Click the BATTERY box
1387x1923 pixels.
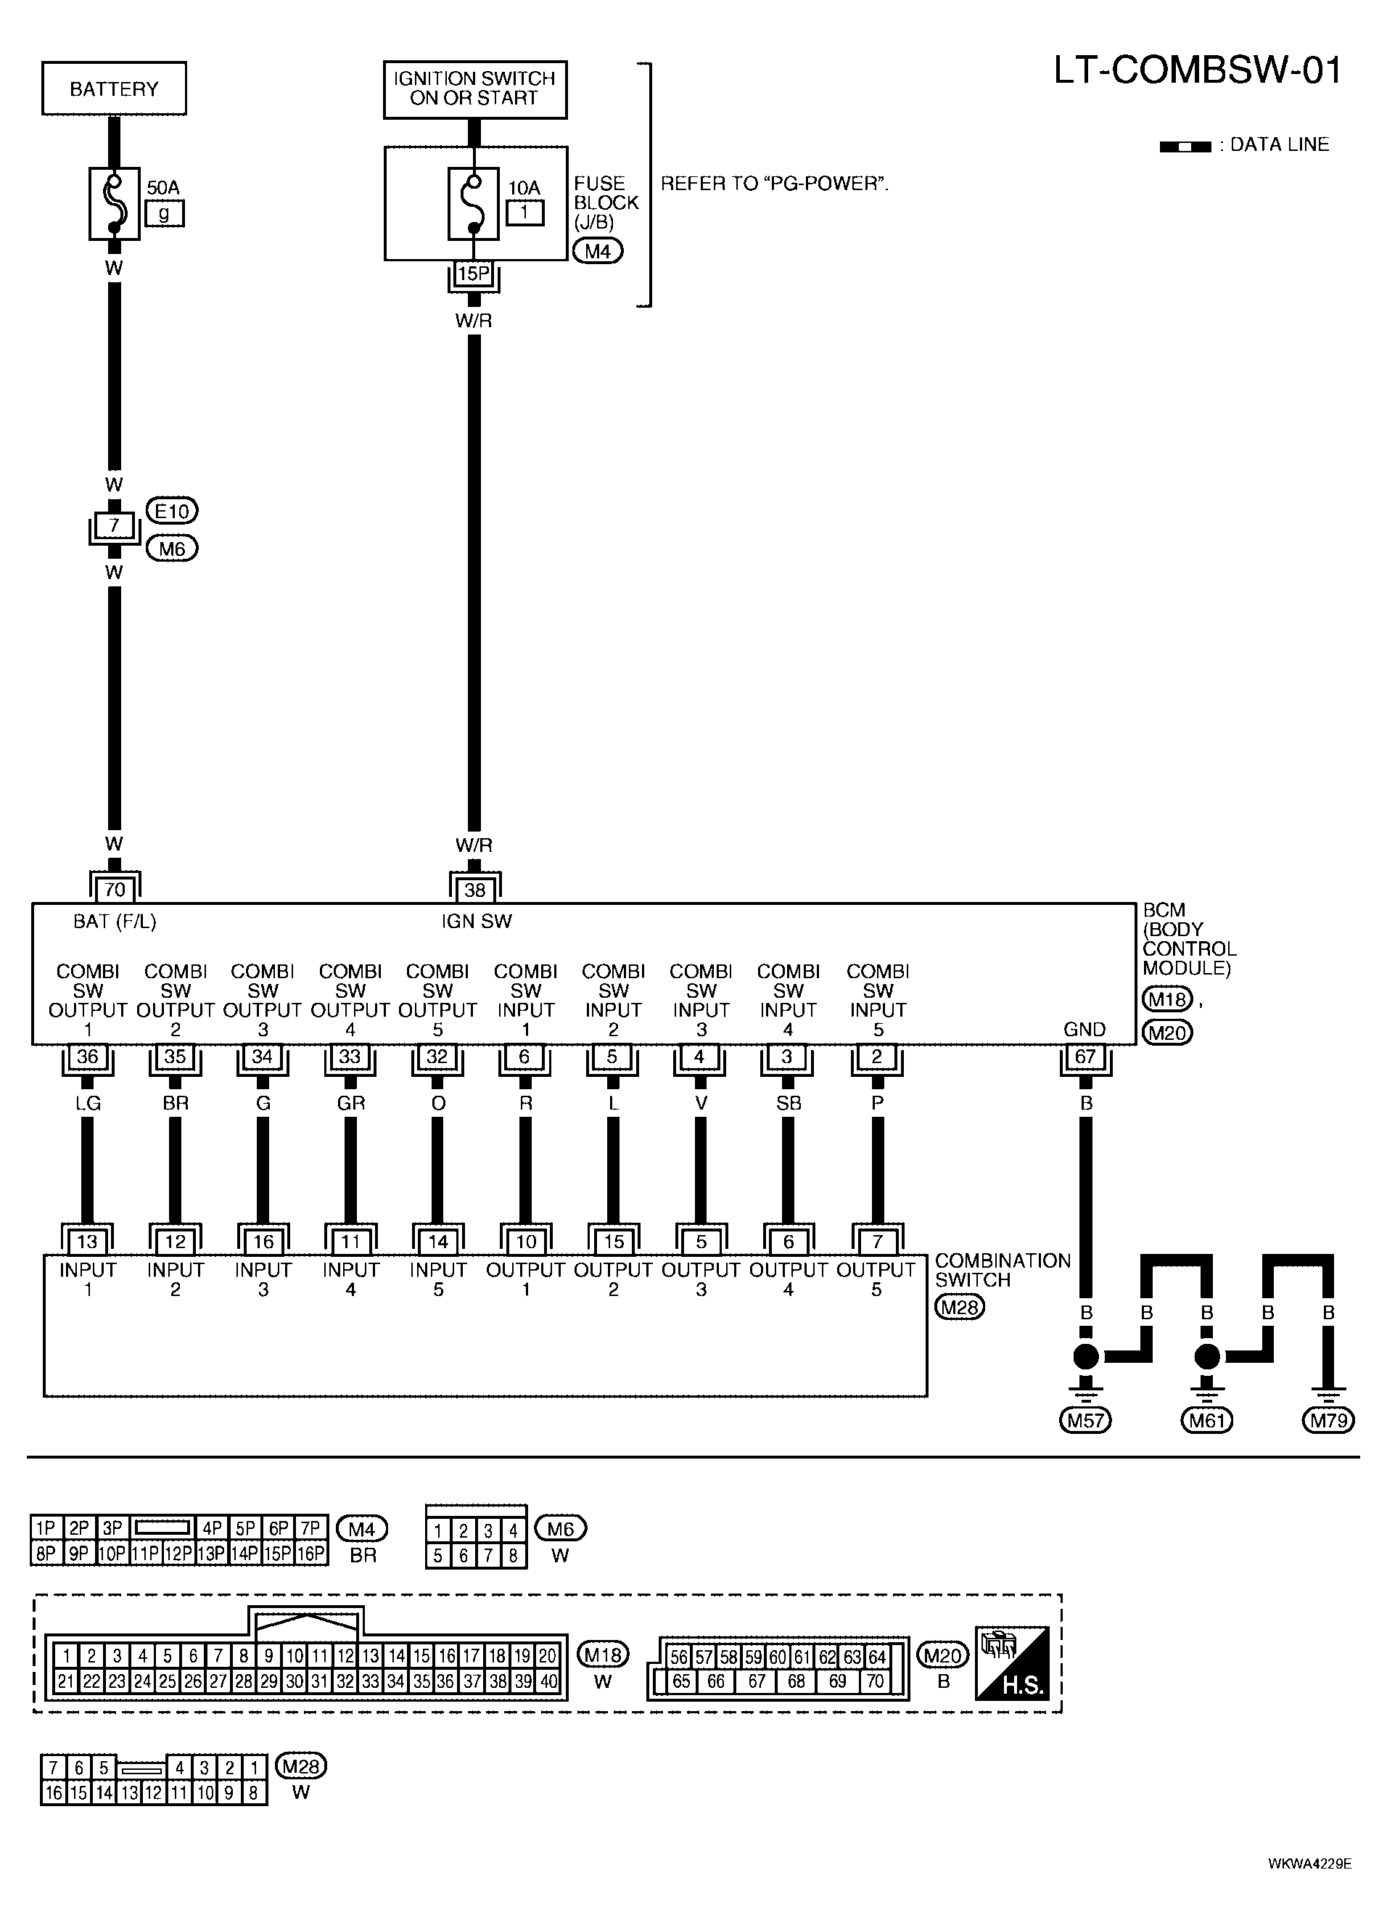114,89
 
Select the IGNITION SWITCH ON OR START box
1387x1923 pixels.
474,89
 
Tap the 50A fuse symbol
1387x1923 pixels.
114,203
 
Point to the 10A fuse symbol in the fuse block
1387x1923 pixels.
473,203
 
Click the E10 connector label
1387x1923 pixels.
172,512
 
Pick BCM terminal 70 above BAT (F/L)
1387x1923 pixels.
115,890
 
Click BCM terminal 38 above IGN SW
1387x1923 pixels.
474,890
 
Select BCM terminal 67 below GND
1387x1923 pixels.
1085,1057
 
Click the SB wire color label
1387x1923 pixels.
788,1103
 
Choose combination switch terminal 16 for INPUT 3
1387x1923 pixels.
263,1242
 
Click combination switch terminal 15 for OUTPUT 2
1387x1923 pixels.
614,1242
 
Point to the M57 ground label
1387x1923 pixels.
1085,1420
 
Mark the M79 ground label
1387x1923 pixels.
1328,1420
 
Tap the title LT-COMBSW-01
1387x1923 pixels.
1197,71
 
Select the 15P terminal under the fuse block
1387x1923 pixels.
474,274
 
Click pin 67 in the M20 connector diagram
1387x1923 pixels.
756,1681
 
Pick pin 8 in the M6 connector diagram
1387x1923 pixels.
513,1556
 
